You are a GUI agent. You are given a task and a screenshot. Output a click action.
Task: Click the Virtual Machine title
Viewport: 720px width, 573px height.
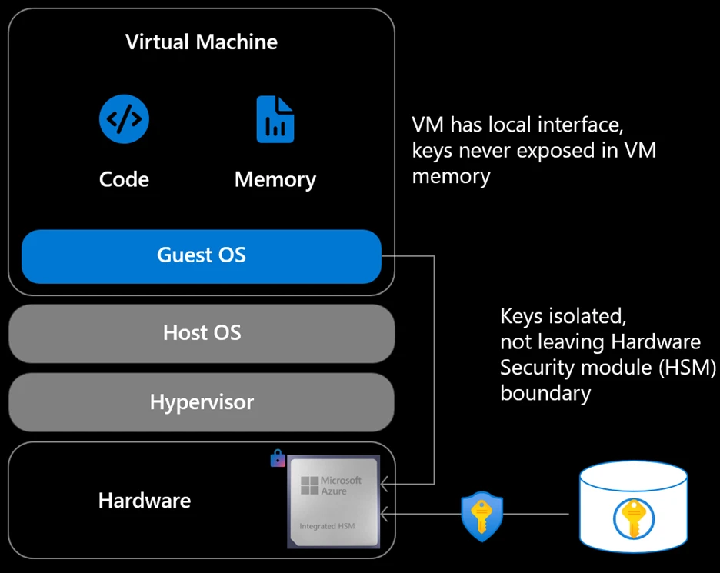(x=202, y=42)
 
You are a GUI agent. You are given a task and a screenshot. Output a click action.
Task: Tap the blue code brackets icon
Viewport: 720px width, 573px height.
(x=124, y=119)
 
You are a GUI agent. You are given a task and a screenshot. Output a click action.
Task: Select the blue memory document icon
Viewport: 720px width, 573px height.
(x=275, y=119)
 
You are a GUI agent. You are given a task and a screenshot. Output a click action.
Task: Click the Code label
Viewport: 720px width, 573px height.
(x=124, y=179)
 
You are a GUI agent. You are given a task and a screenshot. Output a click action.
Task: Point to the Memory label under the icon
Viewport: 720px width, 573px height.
(x=275, y=180)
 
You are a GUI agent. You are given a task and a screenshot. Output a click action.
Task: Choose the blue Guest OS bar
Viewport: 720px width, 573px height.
(x=202, y=255)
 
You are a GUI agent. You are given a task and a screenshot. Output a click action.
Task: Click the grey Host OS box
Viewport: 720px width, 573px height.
(x=202, y=332)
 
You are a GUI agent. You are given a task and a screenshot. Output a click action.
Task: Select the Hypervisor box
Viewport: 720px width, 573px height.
(x=202, y=401)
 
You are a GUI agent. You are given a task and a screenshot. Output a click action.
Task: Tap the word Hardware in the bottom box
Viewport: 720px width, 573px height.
(x=145, y=501)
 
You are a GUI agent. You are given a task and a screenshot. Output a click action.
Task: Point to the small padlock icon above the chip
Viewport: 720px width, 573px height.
(x=278, y=459)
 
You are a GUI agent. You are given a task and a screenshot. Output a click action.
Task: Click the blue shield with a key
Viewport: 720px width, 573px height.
(x=482, y=515)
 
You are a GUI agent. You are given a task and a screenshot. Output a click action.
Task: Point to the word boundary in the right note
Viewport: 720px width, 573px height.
(x=545, y=393)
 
